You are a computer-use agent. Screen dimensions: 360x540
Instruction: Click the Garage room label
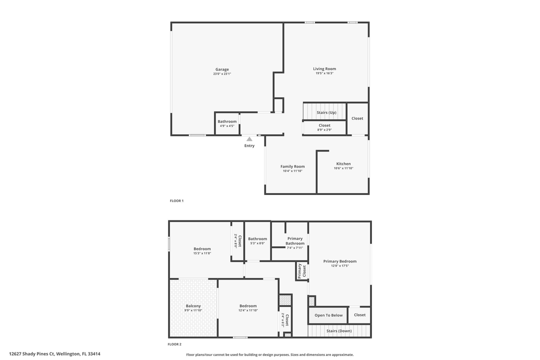(222, 69)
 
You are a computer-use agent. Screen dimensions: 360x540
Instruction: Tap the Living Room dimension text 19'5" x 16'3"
(324, 73)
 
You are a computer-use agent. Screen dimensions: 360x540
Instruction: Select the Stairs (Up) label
(326, 112)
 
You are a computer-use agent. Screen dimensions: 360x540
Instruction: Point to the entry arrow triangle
(249, 139)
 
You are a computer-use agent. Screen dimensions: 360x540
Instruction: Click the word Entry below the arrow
(249, 146)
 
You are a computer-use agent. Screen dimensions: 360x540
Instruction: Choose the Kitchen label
(343, 164)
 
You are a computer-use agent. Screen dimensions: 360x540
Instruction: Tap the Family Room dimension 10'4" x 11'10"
(292, 171)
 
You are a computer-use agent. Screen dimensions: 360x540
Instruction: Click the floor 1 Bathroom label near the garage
(227, 121)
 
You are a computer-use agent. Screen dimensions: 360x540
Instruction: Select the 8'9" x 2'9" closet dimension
(324, 130)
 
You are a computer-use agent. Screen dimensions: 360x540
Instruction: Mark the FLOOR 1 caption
(176, 201)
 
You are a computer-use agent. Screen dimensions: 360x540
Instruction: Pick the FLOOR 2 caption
(174, 344)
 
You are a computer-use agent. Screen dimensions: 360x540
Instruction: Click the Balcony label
(193, 306)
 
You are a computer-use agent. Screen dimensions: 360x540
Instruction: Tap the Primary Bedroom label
(339, 261)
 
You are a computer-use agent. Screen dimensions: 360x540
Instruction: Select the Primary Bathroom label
(295, 241)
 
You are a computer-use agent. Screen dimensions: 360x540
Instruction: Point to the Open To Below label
(328, 315)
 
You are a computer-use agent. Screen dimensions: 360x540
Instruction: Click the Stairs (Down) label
(338, 331)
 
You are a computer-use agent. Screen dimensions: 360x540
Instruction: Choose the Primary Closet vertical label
(301, 271)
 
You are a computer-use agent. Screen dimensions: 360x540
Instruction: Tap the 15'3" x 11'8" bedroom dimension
(202, 253)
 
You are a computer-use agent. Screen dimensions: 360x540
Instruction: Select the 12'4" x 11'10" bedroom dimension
(248, 310)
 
